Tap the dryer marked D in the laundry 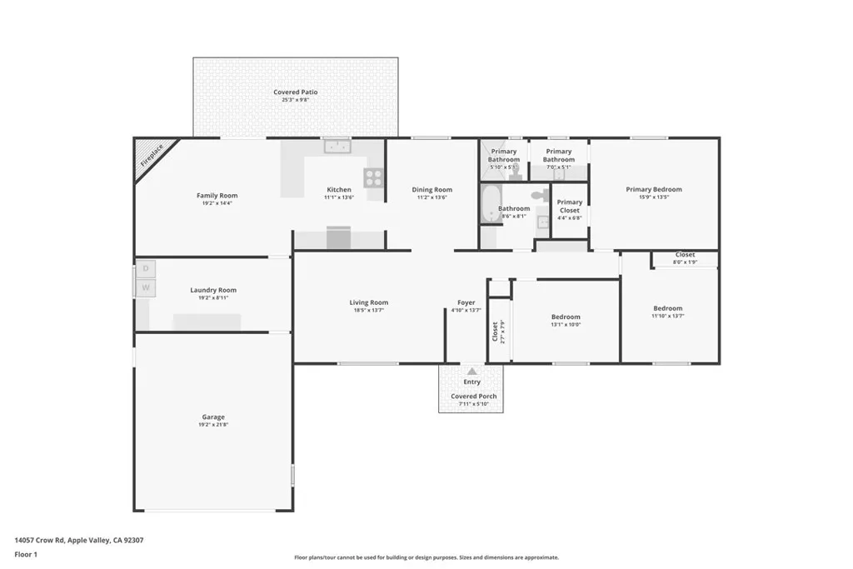coord(146,268)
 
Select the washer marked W coord(146,288)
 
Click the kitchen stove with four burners coord(373,177)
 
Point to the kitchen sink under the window coord(337,147)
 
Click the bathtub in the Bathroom coord(488,205)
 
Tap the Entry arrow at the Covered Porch coord(472,371)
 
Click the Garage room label coord(213,417)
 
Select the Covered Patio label coord(296,92)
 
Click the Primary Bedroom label coord(654,190)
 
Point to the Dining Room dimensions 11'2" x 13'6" coord(432,198)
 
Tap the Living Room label coord(368,302)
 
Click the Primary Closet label coord(570,206)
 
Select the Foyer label coord(466,302)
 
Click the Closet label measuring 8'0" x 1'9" coord(685,255)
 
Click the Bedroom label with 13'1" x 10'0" coord(566,317)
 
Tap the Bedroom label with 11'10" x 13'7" coord(667,308)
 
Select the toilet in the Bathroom coord(540,195)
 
